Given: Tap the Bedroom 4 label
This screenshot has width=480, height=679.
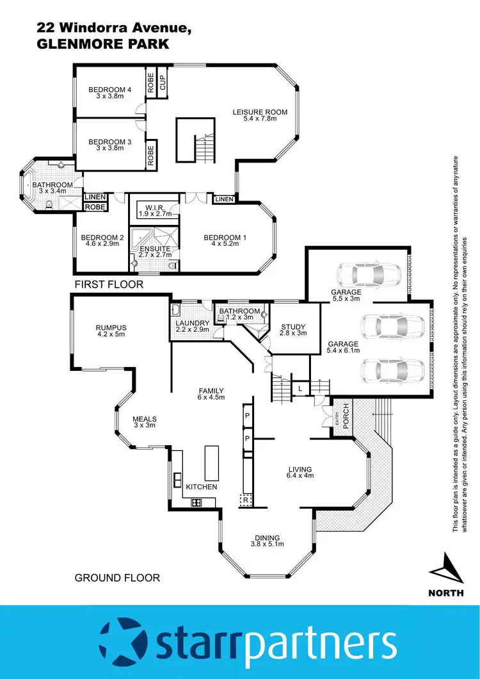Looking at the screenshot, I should (x=109, y=90).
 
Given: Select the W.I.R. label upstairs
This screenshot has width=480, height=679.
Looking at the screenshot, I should (x=155, y=206).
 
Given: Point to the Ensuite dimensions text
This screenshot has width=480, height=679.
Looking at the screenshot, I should (x=155, y=255).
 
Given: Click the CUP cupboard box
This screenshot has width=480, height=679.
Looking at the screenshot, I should (x=163, y=82).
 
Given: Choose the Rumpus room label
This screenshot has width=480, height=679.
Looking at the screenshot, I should (x=111, y=327).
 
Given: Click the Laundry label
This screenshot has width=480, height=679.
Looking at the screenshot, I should (x=193, y=323).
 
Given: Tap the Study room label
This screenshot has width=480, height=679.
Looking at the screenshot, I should (x=294, y=327).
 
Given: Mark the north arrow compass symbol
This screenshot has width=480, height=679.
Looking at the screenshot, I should (x=445, y=569).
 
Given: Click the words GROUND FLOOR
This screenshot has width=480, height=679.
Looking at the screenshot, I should (x=117, y=578).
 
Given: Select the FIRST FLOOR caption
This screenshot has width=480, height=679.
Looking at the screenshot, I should (x=109, y=284).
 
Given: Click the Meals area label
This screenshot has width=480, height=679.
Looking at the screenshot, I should (x=145, y=420).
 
